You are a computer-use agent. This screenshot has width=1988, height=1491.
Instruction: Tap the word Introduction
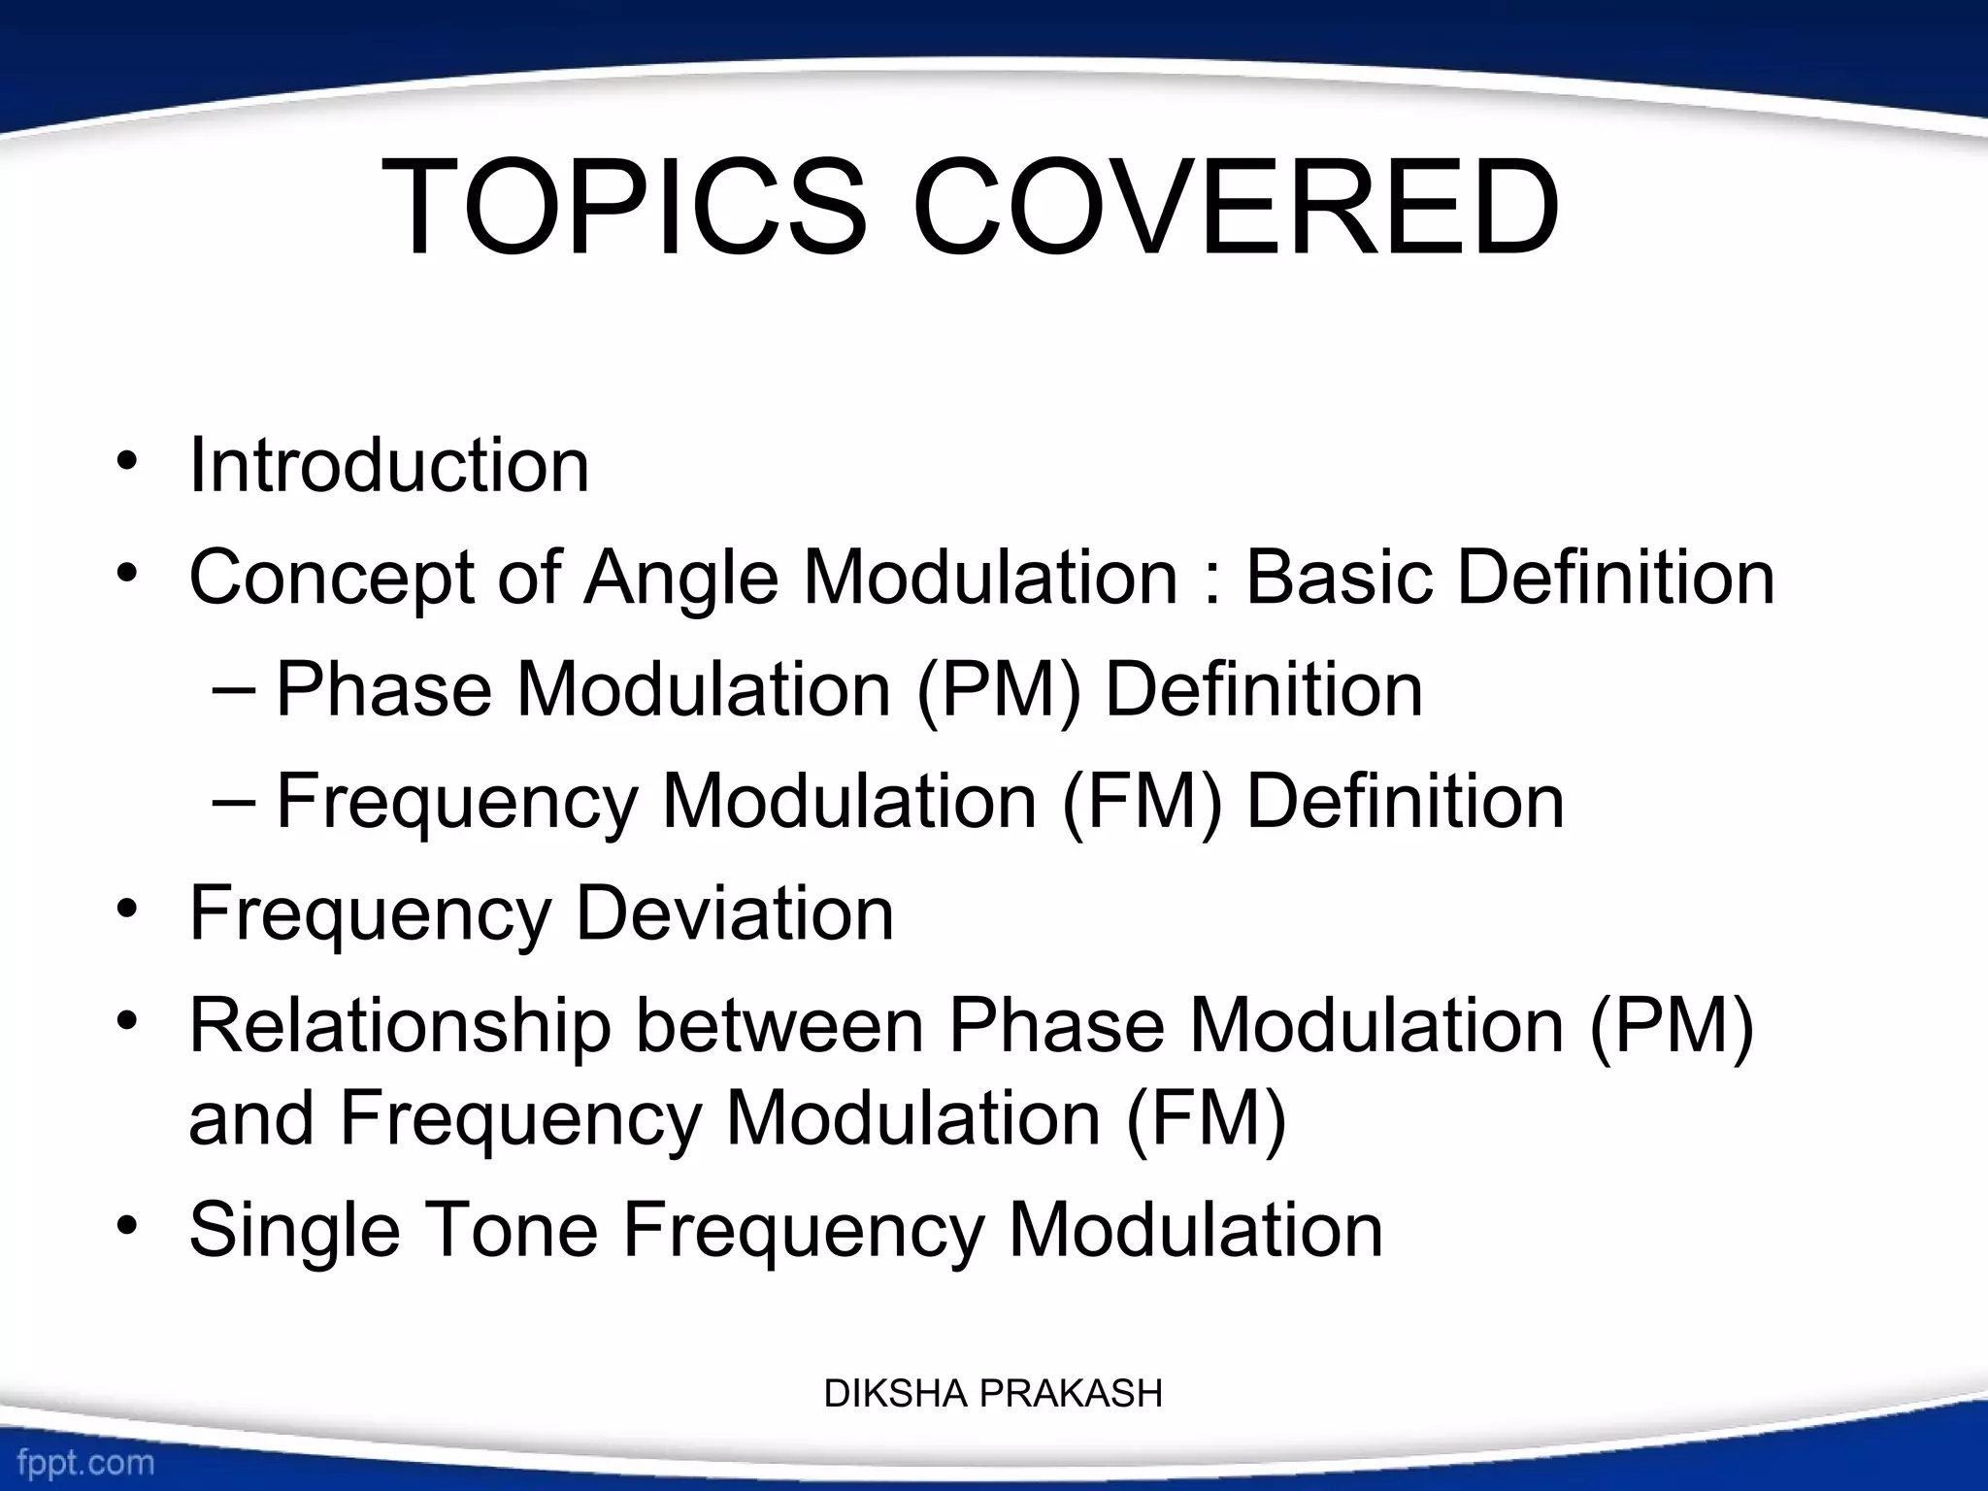coord(389,466)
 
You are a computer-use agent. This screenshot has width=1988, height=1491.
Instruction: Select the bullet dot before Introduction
coord(126,464)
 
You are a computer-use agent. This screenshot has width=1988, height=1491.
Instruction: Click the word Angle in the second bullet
coord(680,578)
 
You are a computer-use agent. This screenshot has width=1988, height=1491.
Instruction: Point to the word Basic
coord(1340,578)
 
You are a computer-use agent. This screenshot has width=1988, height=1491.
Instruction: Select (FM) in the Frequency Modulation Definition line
coord(1142,803)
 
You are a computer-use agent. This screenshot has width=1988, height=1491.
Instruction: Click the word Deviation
coord(735,913)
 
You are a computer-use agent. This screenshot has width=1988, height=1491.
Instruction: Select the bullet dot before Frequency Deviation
coord(126,912)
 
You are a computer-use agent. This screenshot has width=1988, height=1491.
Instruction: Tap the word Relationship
coord(399,1026)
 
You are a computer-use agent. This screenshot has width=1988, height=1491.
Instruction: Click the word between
coord(779,1026)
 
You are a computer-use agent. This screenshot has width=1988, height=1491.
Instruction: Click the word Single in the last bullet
coord(294,1231)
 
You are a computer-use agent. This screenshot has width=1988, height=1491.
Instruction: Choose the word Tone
coord(512,1231)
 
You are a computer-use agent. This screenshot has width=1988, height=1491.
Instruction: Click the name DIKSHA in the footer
coord(896,1394)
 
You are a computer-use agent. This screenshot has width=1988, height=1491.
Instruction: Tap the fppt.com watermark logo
coord(85,1462)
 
